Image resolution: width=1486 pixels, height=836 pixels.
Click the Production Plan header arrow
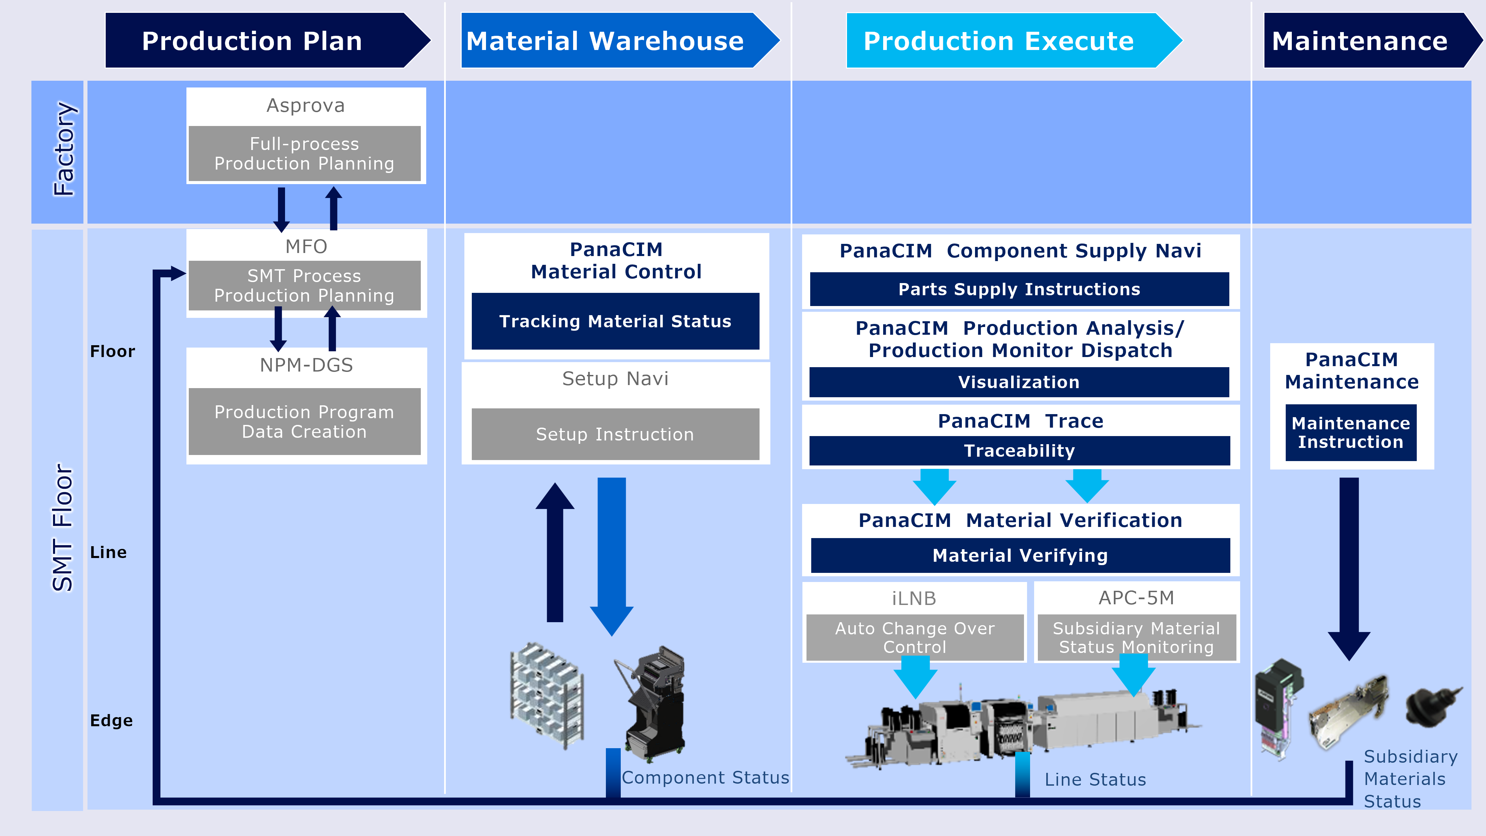(x=265, y=41)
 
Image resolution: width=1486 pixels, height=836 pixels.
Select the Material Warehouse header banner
(x=617, y=41)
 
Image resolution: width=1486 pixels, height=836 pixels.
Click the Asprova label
(x=305, y=106)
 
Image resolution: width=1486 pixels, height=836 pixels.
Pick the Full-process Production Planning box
(x=305, y=153)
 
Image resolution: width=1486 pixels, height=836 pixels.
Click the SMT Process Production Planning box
(x=305, y=285)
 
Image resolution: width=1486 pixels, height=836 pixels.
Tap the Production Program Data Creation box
(x=305, y=422)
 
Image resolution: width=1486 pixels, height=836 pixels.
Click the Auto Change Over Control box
(x=915, y=637)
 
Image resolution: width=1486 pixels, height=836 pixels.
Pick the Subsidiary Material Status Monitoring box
(x=1136, y=637)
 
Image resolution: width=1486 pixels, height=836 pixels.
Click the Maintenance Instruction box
(x=1351, y=433)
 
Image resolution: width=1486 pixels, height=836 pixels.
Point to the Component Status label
(x=705, y=778)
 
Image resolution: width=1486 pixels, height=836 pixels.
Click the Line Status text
(x=1095, y=780)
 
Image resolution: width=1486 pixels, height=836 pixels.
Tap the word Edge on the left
(x=111, y=720)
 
